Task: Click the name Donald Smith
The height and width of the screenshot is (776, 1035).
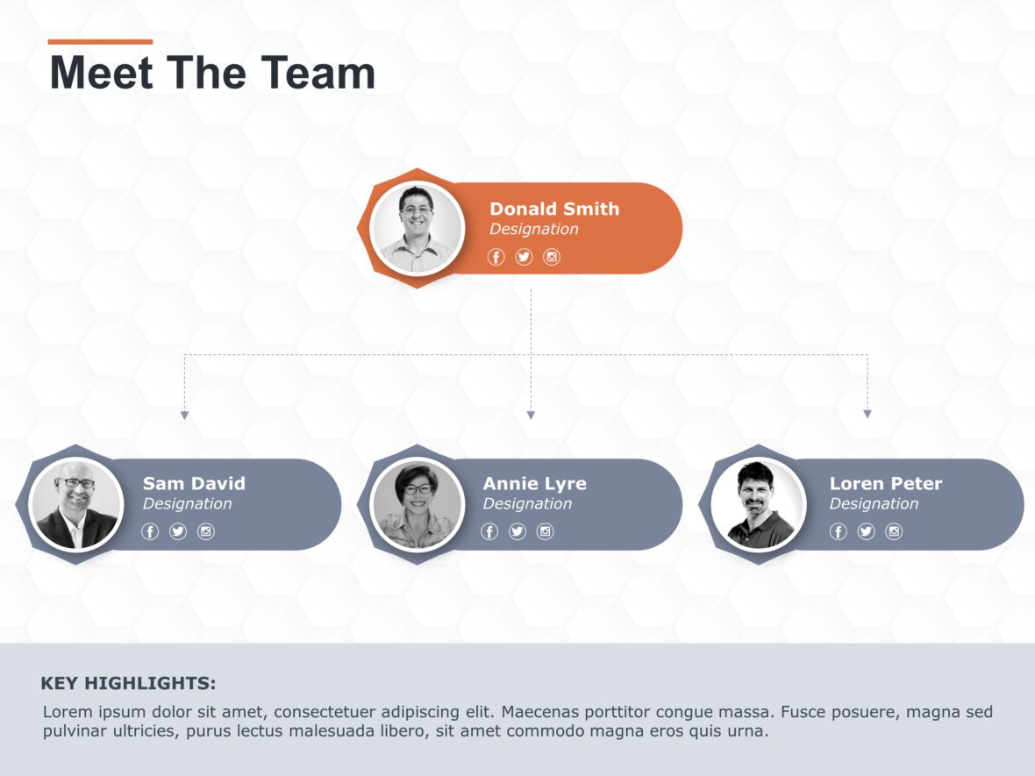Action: click(554, 209)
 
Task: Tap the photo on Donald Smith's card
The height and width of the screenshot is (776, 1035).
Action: click(417, 228)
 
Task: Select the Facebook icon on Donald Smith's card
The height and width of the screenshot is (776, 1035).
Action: click(496, 257)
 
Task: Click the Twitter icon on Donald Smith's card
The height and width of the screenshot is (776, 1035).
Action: click(524, 257)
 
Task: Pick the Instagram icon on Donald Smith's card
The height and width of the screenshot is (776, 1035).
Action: click(552, 257)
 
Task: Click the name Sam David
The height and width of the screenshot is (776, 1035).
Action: click(194, 483)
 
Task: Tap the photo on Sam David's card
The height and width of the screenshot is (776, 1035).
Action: click(75, 504)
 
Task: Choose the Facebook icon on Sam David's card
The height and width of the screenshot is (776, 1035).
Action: click(150, 531)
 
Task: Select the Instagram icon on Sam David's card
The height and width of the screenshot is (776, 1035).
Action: click(206, 531)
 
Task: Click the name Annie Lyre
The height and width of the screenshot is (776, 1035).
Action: click(534, 483)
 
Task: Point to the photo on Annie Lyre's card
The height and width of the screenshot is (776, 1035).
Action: click(417, 504)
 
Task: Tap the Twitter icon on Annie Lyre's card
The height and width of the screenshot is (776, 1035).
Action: click(517, 531)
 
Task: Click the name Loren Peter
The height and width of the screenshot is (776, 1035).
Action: click(886, 483)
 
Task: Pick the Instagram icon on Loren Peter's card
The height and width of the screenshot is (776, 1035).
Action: click(894, 531)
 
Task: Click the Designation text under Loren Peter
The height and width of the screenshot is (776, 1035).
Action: click(874, 504)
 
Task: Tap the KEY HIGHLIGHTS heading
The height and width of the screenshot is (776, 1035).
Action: click(128, 684)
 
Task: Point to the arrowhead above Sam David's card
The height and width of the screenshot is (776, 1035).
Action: click(184, 415)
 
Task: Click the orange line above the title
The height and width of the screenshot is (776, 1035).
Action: click(100, 41)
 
